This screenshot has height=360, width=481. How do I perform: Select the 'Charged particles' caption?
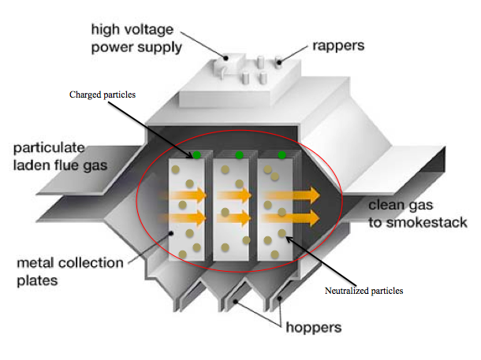pos(102,95)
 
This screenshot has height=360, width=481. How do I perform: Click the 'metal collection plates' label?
pos(62,271)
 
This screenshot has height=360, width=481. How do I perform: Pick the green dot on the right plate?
pos(282,154)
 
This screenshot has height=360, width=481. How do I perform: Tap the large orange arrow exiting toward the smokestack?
pos(304,194)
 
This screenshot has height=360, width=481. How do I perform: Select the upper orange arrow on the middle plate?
pos(233,195)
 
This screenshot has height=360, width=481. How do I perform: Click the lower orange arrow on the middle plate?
pos(233,217)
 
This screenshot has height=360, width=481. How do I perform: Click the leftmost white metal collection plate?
pos(186,236)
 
